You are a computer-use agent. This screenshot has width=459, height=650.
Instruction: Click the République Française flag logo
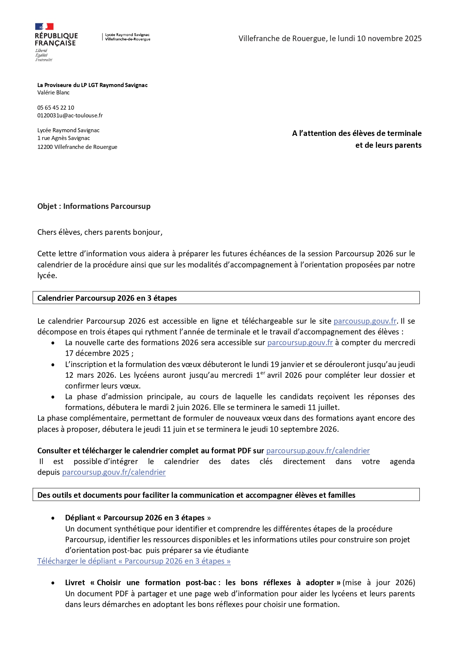click(44, 27)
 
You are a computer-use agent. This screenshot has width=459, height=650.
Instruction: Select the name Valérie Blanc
click(53, 93)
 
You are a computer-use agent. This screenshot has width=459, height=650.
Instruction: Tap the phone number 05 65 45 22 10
click(55, 108)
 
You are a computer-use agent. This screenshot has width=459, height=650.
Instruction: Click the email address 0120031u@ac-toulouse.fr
click(70, 116)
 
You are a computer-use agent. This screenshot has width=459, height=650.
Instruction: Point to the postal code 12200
click(45, 147)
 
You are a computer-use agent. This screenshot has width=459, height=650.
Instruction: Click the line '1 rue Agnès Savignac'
click(64, 138)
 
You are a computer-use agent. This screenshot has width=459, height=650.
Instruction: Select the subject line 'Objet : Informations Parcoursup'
click(94, 206)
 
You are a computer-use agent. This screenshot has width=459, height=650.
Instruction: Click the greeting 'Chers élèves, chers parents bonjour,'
click(100, 232)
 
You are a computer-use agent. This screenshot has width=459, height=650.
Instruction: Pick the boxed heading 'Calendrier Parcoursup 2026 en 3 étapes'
click(107, 298)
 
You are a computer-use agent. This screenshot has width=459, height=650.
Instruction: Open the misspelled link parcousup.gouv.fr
click(365, 321)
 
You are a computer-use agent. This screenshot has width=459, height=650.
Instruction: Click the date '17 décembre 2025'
click(97, 353)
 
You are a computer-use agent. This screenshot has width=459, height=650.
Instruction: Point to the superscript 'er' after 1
click(263, 373)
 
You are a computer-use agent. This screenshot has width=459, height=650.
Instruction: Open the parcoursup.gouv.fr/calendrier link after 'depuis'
click(114, 472)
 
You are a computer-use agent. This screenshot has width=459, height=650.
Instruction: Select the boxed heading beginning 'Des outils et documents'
click(196, 495)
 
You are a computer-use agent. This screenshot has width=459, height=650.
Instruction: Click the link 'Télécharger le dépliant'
click(134, 561)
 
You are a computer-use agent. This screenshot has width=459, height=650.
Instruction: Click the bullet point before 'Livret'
click(53, 583)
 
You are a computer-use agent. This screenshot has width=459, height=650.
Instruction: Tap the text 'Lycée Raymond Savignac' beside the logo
click(127, 35)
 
